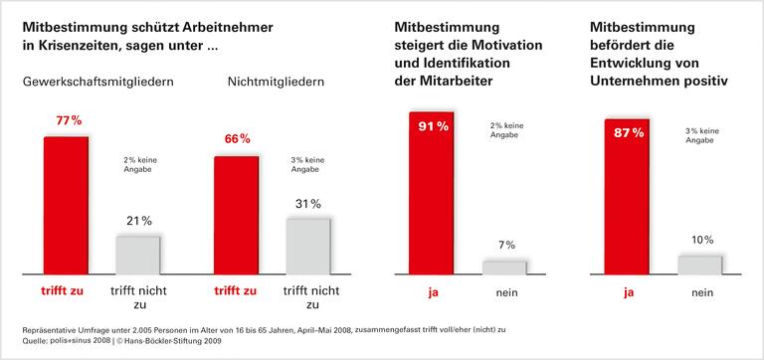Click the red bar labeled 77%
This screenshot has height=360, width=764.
pyautogui.click(x=66, y=204)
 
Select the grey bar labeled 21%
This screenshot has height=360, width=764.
pyautogui.click(x=137, y=255)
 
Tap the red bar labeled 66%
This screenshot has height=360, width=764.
pyautogui.click(x=236, y=214)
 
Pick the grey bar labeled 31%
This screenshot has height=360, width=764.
pyautogui.click(x=307, y=246)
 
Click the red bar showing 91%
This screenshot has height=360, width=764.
pyautogui.click(x=431, y=192)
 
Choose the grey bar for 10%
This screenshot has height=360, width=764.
pyautogui.click(x=699, y=264)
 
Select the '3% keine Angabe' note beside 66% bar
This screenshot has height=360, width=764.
pyautogui.click(x=309, y=166)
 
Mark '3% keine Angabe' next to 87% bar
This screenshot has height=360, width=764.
pyautogui.click(x=703, y=136)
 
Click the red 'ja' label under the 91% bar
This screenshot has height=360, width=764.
pyautogui.click(x=431, y=292)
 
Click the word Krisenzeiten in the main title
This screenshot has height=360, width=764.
pyautogui.click(x=80, y=45)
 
